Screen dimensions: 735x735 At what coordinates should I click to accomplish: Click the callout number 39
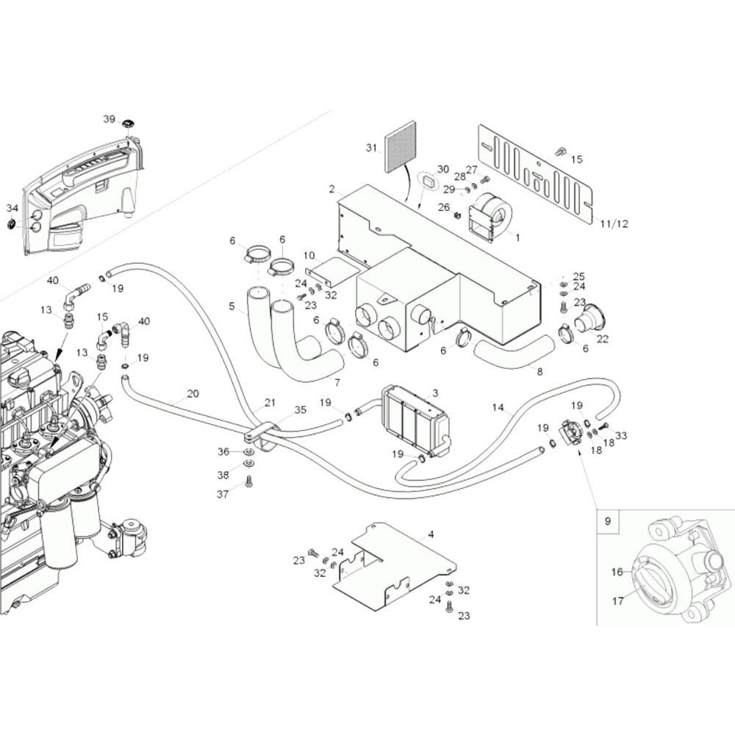[110, 119]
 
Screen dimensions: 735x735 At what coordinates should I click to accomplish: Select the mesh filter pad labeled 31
[400, 147]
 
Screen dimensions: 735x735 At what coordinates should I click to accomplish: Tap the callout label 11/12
[614, 223]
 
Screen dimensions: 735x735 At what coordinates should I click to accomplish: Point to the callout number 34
[12, 208]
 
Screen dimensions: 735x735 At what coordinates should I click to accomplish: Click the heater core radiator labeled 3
[415, 420]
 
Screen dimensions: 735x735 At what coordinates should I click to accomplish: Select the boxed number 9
[608, 521]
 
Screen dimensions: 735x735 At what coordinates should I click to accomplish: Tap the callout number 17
[618, 600]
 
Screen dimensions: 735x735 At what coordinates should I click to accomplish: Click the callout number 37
[223, 494]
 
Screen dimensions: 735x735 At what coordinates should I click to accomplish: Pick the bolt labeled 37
[248, 481]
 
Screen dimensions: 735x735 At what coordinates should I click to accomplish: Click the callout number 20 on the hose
[193, 394]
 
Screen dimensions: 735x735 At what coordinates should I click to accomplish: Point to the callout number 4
[431, 534]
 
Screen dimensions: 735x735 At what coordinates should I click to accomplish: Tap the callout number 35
[300, 409]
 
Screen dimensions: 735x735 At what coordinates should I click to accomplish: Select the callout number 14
[498, 407]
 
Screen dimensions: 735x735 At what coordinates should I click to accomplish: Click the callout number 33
[620, 435]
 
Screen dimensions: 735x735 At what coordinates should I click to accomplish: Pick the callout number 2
[332, 190]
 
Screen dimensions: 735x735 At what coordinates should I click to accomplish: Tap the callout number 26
[443, 207]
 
